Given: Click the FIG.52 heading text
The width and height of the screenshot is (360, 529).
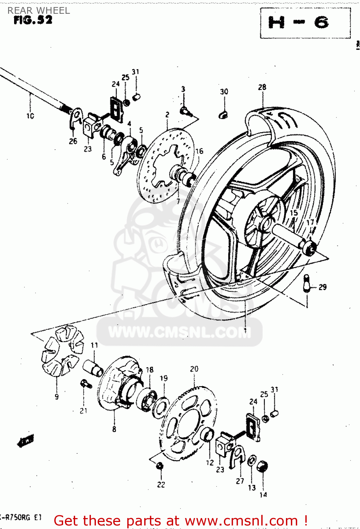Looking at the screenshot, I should coord(33,20).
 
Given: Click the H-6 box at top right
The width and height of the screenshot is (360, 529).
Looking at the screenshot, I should coord(305,23).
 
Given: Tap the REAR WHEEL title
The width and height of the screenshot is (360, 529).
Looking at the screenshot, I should coord(39,11).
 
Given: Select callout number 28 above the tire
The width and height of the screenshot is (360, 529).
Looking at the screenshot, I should coord(262,87).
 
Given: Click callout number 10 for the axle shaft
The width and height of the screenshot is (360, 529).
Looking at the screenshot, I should coord(30,116).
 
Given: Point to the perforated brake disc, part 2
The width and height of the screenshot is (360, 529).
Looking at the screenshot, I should coord(166,166).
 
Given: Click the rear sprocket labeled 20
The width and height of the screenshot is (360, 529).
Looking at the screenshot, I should coord(190,423).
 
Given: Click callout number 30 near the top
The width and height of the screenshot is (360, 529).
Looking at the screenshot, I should coord(224,92).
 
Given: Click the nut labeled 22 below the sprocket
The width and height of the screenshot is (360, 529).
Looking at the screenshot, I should coord(159,466).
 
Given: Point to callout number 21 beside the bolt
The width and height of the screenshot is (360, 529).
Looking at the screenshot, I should coord(84,411).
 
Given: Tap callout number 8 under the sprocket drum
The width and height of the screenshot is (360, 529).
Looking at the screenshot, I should coord(114,429).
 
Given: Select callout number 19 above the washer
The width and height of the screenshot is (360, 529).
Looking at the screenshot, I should coord(164,378).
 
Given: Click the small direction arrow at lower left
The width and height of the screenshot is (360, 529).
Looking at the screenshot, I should coord(26,441).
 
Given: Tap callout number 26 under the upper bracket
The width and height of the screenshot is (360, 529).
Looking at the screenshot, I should coord(73,141).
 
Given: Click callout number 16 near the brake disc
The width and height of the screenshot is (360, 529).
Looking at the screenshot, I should coord(199,151).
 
